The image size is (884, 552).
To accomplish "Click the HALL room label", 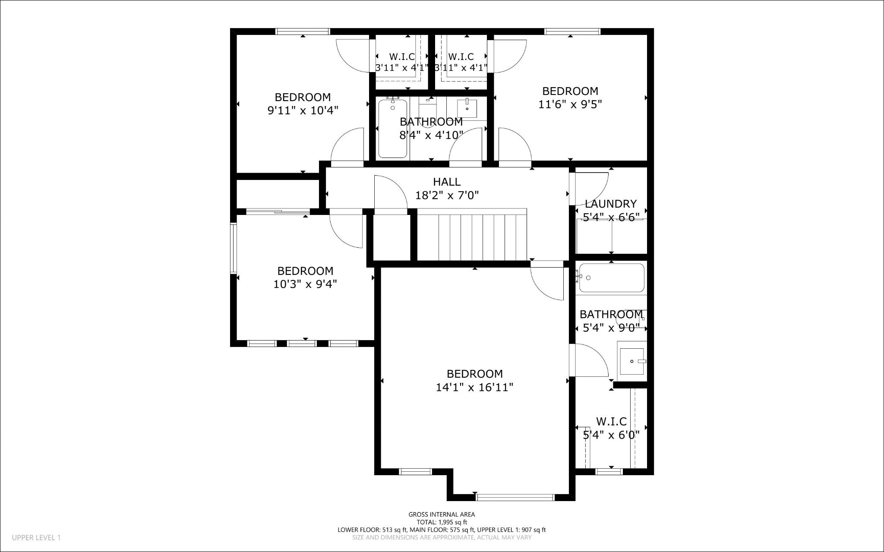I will [447, 182].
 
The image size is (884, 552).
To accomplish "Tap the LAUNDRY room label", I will [610, 204].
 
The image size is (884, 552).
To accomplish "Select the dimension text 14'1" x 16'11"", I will [474, 387].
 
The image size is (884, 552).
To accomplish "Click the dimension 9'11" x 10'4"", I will [303, 110].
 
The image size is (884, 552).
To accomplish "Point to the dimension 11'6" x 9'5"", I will [570, 104].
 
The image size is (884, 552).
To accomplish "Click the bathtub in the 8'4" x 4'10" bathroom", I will [392, 128].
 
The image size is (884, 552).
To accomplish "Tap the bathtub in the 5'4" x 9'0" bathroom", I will [611, 278].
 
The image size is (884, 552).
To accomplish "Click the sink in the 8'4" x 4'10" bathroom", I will [467, 108].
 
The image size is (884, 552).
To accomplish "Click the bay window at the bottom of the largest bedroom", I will [515, 497].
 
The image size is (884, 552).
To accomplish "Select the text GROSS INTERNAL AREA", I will [442, 514].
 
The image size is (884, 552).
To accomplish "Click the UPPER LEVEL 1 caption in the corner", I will [36, 538].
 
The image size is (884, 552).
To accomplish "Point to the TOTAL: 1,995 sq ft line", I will [442, 522].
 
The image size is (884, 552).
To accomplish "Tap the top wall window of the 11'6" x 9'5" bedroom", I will [572, 31].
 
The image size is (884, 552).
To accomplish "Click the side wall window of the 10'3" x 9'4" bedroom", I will [234, 248].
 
